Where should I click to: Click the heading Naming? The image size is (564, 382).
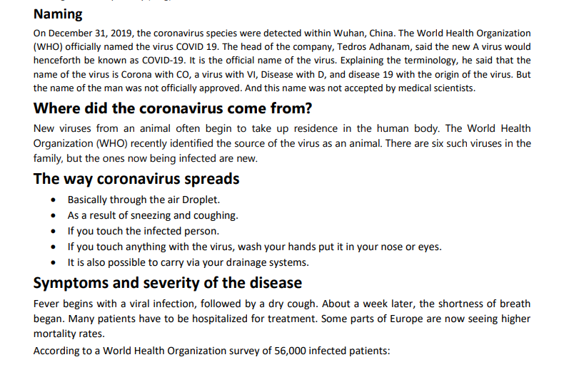pos(58,14)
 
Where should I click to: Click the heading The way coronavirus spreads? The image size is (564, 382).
pos(136,178)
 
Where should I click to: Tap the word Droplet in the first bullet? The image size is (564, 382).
pos(202,200)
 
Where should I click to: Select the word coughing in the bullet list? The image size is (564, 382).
pos(216,215)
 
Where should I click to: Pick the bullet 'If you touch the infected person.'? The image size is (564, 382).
pos(143,231)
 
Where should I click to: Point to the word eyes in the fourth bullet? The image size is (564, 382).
pos(428,247)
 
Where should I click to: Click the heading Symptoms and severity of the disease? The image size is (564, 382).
pos(167,283)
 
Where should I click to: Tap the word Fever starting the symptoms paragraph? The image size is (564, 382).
pos(47,304)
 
